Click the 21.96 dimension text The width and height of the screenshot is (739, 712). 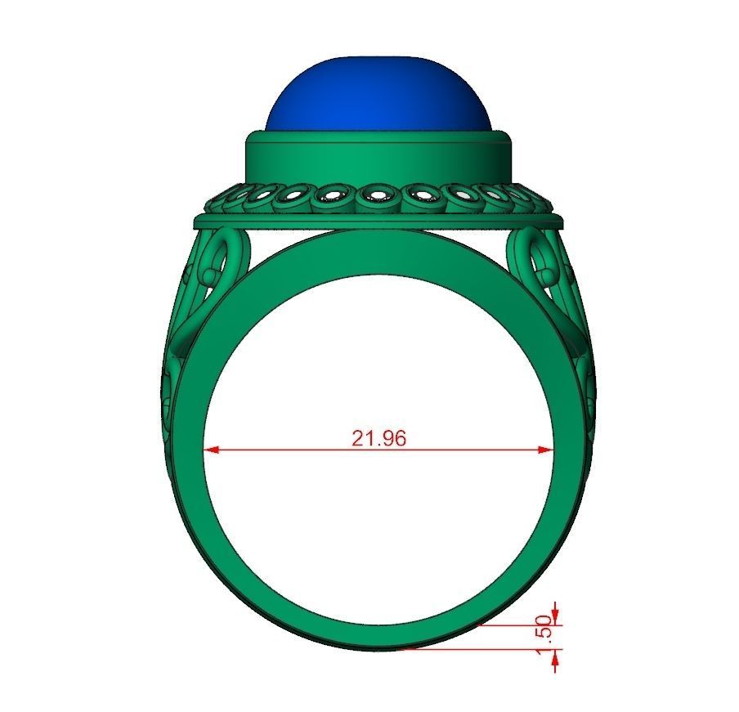click(378, 438)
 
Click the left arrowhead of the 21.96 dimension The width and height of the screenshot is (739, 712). click(210, 450)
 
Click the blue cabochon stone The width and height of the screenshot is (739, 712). click(379, 94)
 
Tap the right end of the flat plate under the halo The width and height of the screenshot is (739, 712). click(558, 222)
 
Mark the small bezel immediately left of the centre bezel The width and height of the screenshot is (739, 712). click(333, 197)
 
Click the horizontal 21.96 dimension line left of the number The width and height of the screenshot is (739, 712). click(278, 450)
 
